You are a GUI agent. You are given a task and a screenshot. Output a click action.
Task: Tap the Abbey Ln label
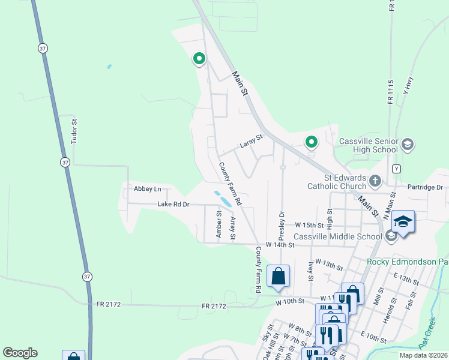coord(148,189)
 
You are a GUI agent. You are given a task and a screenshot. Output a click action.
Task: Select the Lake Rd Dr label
coord(173,204)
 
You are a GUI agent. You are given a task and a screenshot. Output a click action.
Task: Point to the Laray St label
coord(252,142)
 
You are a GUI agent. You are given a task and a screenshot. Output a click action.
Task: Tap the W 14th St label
coord(274,245)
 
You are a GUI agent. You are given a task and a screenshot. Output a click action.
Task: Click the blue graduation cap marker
coord(403,221)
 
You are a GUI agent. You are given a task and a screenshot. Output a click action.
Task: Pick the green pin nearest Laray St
coord(311,142)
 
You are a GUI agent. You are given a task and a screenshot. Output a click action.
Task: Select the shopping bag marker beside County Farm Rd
coord(279,277)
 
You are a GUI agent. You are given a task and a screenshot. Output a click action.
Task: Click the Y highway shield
coord(396,168)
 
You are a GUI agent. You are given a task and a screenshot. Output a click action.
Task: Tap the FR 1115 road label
coord(390,92)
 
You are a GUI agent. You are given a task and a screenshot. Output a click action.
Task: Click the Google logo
coord(20,353)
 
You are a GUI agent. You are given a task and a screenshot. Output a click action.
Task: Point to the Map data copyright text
coord(423,355)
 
